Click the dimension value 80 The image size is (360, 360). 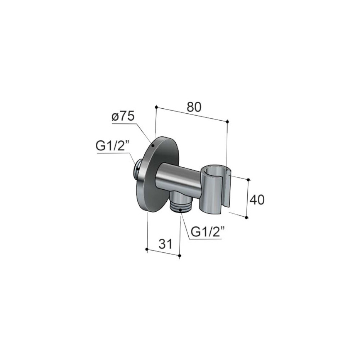point(194,107)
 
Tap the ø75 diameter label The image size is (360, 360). point(123,117)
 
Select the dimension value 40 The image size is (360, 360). point(257,200)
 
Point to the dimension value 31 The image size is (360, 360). point(165,244)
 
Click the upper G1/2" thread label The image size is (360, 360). point(113,146)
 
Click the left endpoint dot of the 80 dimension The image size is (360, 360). point(156,107)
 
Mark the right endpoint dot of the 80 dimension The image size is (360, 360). point(228,121)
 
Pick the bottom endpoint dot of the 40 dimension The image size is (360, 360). point(247,217)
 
